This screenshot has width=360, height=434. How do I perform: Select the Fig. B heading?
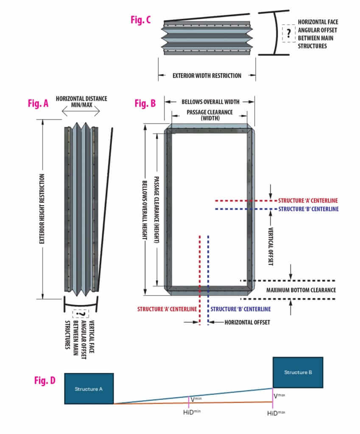(145, 103)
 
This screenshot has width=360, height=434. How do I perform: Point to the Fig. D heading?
(45, 380)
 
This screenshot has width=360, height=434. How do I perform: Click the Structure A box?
(89, 389)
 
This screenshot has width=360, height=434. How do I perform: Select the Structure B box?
(298, 372)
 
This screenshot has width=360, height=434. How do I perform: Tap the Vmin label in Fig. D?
(195, 399)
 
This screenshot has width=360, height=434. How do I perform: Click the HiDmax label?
(275, 412)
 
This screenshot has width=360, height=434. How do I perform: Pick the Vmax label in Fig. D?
(279, 396)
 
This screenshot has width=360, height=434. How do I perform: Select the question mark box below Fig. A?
(81, 314)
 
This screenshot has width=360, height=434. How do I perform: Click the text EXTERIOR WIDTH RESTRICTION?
(207, 76)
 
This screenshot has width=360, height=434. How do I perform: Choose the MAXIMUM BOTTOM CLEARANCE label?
(301, 290)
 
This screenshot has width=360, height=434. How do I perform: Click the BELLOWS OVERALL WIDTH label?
(210, 102)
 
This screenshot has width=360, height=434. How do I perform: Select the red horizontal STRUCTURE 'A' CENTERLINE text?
(308, 200)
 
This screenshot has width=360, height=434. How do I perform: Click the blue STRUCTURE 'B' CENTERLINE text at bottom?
(240, 309)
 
